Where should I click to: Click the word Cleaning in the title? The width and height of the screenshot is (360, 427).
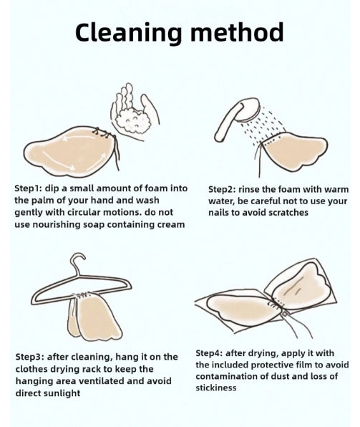tap(128, 33)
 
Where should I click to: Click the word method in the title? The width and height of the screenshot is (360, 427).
tap(237, 32)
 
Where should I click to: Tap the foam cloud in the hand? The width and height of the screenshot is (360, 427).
tap(133, 120)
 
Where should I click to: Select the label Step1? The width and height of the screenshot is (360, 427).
tap(28, 188)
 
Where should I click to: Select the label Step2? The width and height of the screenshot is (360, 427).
tap(222, 190)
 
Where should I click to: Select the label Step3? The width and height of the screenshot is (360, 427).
tap(29, 357)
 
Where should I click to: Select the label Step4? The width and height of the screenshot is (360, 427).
tap(209, 353)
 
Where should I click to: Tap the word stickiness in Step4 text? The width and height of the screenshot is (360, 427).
tap(215, 388)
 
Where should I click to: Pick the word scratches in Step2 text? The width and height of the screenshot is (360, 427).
tap(288, 212)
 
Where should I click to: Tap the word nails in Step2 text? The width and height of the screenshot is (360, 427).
tap(218, 212)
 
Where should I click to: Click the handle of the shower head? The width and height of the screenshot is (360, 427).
tap(226, 121)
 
